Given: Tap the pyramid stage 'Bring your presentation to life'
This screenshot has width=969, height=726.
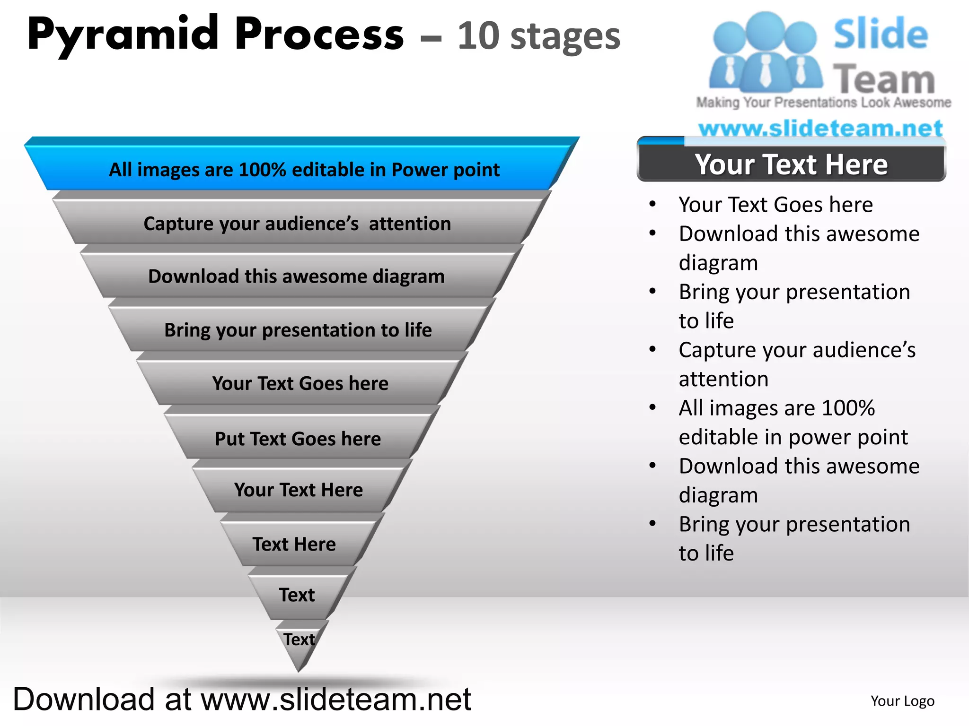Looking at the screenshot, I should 298,330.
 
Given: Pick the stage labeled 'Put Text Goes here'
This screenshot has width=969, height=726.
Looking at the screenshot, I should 298,439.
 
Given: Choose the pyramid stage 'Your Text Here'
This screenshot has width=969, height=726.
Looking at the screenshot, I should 299,490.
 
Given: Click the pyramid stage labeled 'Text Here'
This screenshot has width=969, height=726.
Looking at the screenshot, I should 294,544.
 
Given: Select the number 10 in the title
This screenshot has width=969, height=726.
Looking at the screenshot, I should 478,36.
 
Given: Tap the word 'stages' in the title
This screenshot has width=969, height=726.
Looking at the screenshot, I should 565,37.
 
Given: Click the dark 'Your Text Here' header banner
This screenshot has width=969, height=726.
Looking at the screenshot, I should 791,164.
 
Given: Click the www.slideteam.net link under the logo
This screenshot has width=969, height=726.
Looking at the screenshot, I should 821,128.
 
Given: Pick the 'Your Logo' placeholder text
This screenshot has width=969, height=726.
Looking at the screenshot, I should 902,701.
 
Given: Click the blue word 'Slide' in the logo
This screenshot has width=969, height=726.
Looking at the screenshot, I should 881,34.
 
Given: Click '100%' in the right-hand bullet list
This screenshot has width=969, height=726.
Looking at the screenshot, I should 848,408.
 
